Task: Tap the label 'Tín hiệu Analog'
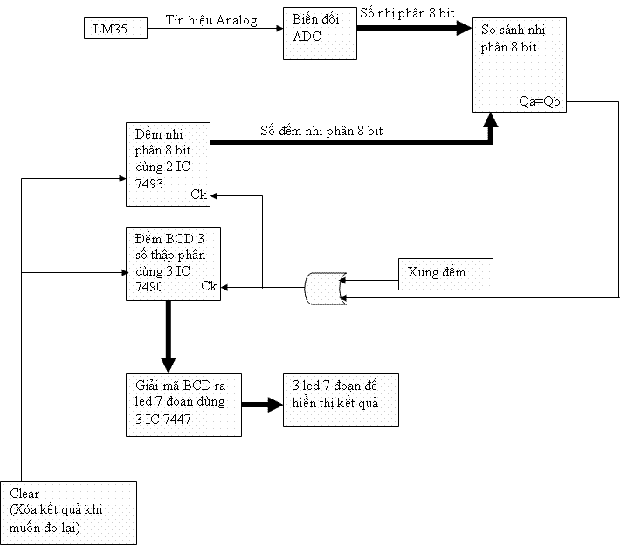tap(212, 20)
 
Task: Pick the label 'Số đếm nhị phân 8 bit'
tap(321, 131)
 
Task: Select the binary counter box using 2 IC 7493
tap(168, 164)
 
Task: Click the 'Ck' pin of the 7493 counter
tap(198, 195)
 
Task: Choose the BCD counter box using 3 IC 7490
tap(172, 263)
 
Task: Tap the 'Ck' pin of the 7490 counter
tap(209, 285)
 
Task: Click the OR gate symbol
tap(323, 288)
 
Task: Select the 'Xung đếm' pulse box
tap(445, 273)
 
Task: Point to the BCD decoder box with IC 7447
tap(182, 404)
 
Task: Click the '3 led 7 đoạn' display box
tap(341, 399)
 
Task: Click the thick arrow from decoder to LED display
tap(259, 405)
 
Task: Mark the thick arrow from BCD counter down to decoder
tap(169, 337)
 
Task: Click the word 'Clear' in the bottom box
tap(25, 493)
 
